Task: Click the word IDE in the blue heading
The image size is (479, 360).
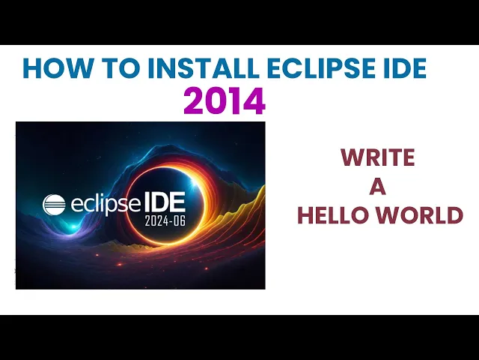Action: (403, 68)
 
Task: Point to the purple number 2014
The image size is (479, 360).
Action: (225, 100)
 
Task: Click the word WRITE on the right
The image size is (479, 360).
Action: (378, 157)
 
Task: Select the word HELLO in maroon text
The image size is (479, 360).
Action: (333, 215)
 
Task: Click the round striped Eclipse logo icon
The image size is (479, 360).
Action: (54, 205)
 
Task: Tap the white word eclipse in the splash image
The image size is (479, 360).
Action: (106, 204)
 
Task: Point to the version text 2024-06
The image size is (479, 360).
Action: (165, 220)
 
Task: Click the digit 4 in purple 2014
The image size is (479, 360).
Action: (254, 100)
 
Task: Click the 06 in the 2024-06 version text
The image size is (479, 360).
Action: (179, 220)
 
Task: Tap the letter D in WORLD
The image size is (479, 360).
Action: (456, 215)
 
